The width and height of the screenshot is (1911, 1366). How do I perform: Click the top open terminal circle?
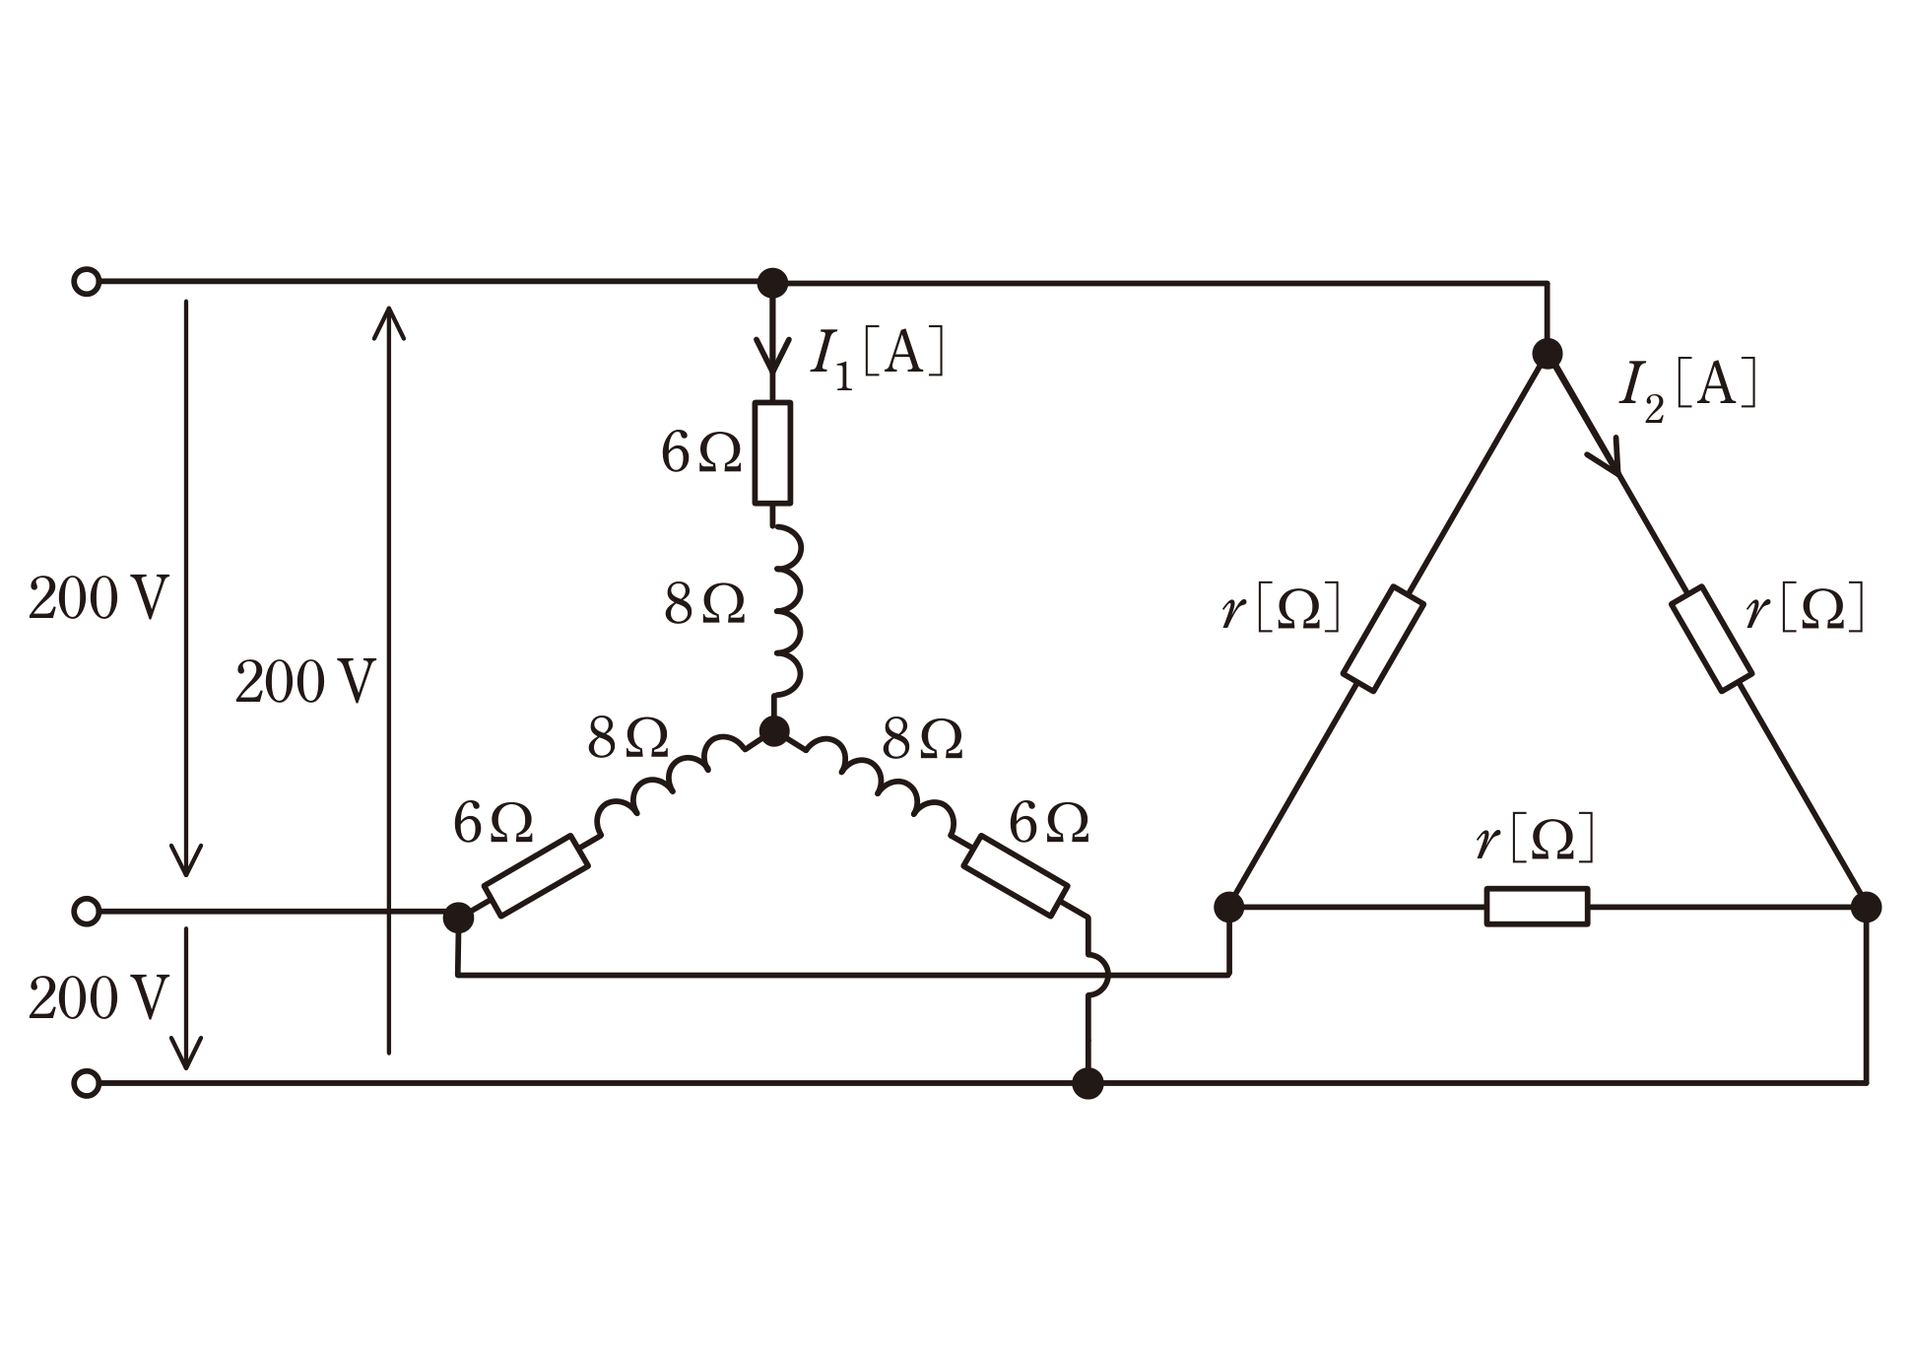tap(87, 282)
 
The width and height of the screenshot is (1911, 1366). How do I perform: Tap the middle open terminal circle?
tap(87, 912)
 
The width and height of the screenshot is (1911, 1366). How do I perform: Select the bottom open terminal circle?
tap(87, 1083)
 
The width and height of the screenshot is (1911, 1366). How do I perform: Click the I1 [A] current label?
tap(877, 356)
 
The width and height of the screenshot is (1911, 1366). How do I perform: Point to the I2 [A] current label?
tap(1688, 388)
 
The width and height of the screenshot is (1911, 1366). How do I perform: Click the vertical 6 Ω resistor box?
tap(772, 452)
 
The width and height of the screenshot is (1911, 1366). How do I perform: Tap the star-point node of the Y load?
tap(774, 731)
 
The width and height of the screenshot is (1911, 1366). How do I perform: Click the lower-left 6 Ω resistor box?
tap(538, 875)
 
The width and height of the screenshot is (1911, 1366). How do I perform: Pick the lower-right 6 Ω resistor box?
tap(1015, 875)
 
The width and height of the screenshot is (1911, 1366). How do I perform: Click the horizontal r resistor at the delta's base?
tap(1537, 907)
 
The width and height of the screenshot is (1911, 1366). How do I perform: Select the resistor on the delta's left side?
tap(1383, 638)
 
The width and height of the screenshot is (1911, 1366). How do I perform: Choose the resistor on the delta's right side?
tap(1711, 638)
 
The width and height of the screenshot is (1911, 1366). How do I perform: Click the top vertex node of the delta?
tap(1548, 354)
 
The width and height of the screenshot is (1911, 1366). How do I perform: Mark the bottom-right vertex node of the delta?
tap(1866, 907)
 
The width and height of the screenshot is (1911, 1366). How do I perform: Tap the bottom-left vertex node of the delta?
tap(1228, 907)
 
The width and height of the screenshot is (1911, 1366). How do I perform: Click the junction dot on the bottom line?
tap(1087, 1083)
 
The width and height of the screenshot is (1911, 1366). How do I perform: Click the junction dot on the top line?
tap(773, 283)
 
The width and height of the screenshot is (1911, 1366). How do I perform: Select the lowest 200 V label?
tap(99, 999)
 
